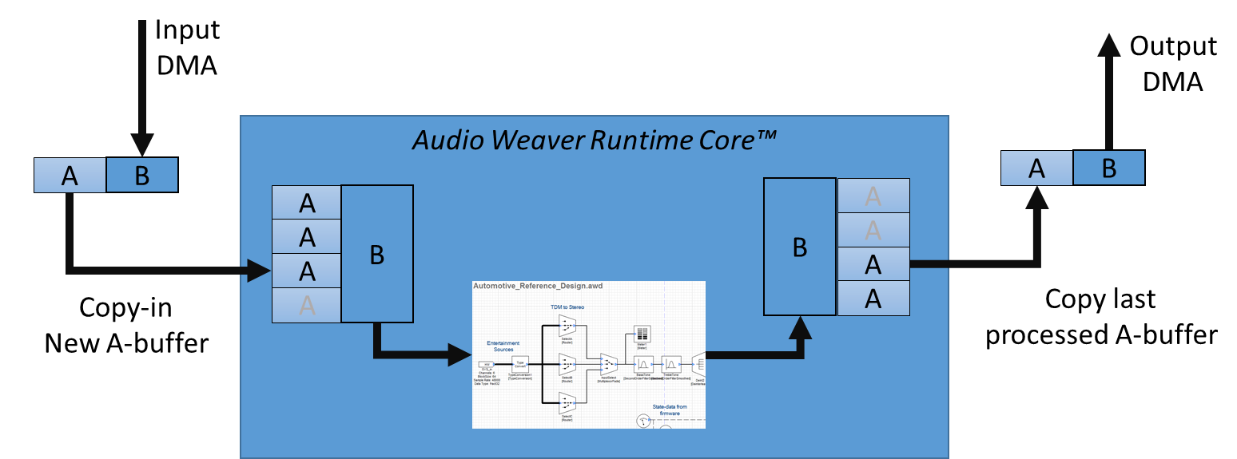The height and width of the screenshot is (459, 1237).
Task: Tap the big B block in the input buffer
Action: pos(377,254)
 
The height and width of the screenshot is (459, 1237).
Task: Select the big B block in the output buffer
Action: pos(800,247)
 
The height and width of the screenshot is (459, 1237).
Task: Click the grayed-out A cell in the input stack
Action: pos(307,305)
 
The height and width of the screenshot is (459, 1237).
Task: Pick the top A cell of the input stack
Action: pos(307,203)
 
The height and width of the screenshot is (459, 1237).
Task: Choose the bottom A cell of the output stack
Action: pos(873,298)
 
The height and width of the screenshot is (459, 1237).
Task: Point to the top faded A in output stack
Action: pos(873,196)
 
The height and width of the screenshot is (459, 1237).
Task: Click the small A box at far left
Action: pos(70,175)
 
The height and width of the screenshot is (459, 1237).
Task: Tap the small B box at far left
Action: pos(141,175)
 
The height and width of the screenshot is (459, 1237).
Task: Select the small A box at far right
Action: pos(1036,168)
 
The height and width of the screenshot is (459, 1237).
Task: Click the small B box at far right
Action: pos(1108,168)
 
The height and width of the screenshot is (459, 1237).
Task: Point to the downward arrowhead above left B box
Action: pos(142,144)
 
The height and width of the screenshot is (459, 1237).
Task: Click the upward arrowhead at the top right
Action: pos(1108,45)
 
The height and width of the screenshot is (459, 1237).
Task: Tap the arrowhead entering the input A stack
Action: pos(259,271)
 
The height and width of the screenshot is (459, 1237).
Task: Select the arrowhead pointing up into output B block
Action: pos(800,326)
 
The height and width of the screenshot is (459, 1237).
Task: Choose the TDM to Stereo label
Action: pos(567,307)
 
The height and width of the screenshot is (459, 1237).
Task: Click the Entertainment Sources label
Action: pos(503,346)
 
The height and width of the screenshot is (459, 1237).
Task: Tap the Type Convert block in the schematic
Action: pos(520,366)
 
